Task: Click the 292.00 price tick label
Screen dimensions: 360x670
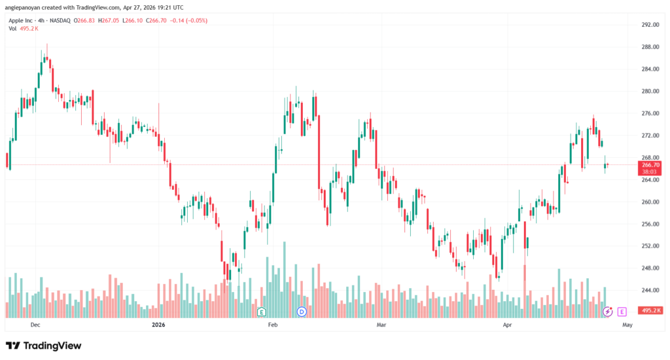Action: (649, 25)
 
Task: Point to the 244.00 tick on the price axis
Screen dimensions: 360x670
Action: (649, 290)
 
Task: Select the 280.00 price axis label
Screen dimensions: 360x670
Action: (649, 91)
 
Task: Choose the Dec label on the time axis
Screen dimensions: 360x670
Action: (35, 324)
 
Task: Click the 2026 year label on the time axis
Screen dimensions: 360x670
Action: (158, 324)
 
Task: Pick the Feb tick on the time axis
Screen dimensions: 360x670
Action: (273, 324)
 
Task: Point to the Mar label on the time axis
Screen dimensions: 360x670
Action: (380, 324)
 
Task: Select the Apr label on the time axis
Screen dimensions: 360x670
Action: (506, 324)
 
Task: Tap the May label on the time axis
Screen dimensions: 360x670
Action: (627, 324)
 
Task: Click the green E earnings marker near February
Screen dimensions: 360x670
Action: (262, 312)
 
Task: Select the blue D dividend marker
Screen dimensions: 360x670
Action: (302, 312)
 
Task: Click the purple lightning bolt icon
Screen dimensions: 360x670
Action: (608, 312)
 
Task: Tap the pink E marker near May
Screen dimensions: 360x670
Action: (622, 312)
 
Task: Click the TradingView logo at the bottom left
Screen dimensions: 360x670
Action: (43, 345)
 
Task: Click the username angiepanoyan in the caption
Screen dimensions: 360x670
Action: (27, 7)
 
